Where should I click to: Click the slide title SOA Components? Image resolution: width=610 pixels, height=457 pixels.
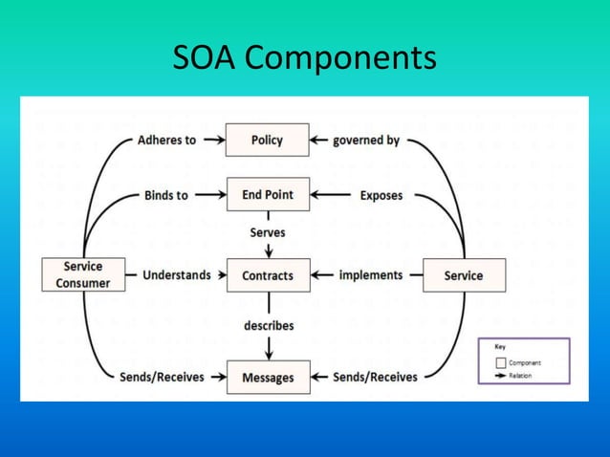coord(304,59)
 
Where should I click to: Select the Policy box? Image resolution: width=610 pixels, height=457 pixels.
coord(267,140)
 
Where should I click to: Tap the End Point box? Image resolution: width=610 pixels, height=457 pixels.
coord(267,195)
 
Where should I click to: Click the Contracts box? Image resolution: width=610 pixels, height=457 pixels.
coord(267,275)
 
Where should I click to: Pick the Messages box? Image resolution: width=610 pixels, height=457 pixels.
coord(267,377)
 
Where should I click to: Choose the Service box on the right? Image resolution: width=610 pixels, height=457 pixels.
coord(464,275)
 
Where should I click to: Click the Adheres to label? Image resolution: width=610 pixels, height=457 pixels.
coord(166,140)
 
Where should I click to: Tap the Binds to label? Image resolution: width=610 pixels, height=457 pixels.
coord(165,195)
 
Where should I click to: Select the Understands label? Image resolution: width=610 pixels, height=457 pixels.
coord(176,275)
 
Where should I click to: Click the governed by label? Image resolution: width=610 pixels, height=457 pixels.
coord(366,141)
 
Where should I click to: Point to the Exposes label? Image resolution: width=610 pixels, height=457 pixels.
coord(381,195)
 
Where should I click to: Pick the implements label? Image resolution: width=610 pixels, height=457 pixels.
coord(371,275)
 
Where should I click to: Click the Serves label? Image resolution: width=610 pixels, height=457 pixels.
coord(267,232)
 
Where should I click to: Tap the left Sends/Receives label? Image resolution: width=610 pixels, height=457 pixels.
coord(162,377)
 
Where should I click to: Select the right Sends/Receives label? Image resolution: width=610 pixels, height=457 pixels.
coord(375,377)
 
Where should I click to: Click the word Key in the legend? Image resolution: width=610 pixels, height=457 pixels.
coord(500,347)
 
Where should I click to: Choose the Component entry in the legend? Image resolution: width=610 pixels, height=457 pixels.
coord(524,363)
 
